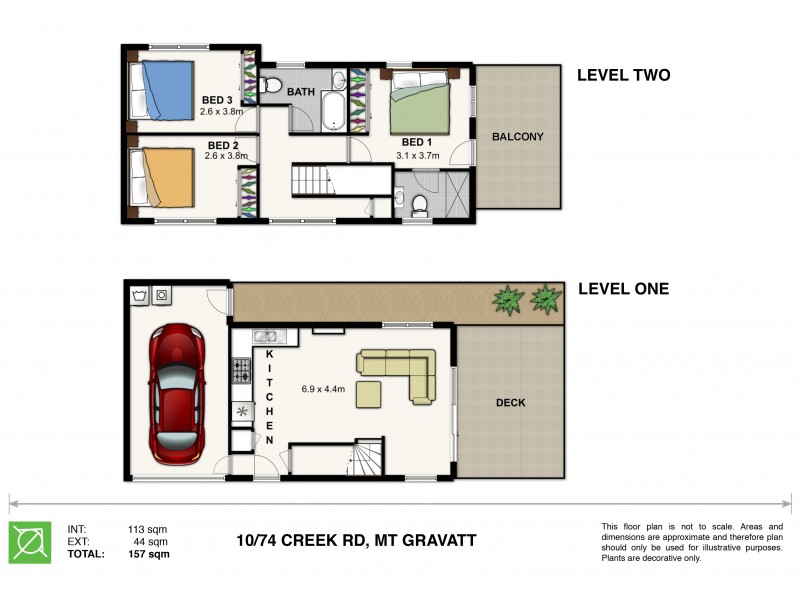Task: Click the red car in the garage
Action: click(x=177, y=394)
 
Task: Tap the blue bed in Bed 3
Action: click(x=162, y=91)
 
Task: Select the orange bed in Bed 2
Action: click(x=162, y=178)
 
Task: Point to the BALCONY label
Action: click(x=517, y=137)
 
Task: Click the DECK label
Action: click(x=510, y=403)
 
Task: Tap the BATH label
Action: click(x=301, y=92)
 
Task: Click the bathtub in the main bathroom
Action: click(x=334, y=111)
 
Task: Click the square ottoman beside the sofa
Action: click(x=368, y=394)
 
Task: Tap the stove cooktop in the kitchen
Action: click(x=242, y=370)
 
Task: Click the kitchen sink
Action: click(x=266, y=336)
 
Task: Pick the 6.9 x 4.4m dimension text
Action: click(x=323, y=389)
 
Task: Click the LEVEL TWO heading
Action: click(x=623, y=75)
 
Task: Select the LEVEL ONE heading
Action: click(x=623, y=289)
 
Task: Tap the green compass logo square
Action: click(x=30, y=542)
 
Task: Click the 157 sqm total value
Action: click(x=148, y=554)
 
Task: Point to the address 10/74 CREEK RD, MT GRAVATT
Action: click(x=356, y=540)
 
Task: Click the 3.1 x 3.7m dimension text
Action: click(x=417, y=156)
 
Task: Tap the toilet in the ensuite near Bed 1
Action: click(x=419, y=205)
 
